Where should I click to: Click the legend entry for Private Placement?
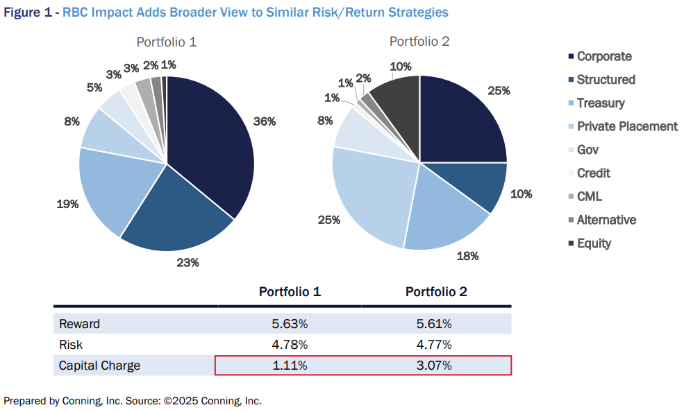pyautogui.click(x=627, y=126)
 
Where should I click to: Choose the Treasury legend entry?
pyautogui.click(x=601, y=103)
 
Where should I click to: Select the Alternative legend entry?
pyautogui.click(x=606, y=220)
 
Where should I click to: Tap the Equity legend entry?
pyautogui.click(x=594, y=243)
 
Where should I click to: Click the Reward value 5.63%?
pyautogui.click(x=290, y=324)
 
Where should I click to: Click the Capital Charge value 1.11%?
pyautogui.click(x=290, y=366)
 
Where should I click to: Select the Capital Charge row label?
pyautogui.click(x=99, y=366)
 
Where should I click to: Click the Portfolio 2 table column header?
pyautogui.click(x=436, y=292)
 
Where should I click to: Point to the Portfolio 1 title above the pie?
pyautogui.click(x=166, y=42)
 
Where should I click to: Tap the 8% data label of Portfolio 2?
pyautogui.click(x=325, y=121)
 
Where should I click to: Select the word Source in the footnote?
pyautogui.click(x=141, y=401)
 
